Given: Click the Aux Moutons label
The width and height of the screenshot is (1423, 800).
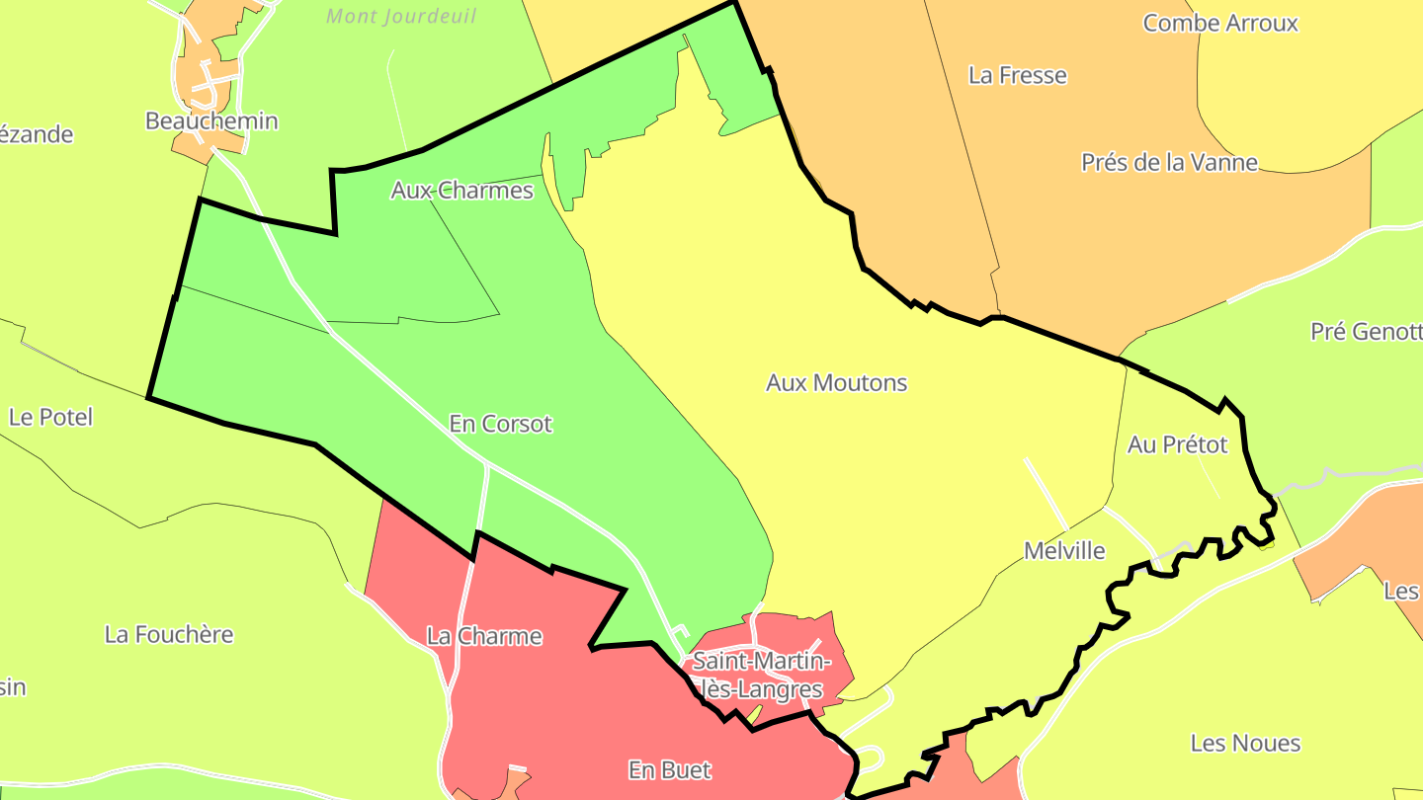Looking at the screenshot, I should coord(836,383).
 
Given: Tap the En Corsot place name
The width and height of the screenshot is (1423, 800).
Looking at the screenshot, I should coord(500,424).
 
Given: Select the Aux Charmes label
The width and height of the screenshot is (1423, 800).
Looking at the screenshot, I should coord(461,190).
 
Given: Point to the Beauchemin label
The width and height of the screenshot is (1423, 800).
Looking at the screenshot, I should coord(211,121).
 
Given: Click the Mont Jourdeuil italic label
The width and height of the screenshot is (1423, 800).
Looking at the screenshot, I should coord(401,17).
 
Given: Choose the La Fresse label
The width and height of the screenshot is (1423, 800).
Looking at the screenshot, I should coord(1017,75).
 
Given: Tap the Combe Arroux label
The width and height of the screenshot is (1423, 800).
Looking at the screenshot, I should coord(1219,23).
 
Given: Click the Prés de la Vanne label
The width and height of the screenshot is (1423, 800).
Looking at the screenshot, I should coord(1169,162).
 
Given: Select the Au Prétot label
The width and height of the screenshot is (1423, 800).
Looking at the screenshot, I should coord(1177,444).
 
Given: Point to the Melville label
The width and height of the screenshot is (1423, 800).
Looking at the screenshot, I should coord(1064,551).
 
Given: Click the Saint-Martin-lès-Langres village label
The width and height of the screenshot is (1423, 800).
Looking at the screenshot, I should coord(759,675).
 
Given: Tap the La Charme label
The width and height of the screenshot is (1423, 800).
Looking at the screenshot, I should coord(484,636).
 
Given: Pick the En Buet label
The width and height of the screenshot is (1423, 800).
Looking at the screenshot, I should coord(669,769).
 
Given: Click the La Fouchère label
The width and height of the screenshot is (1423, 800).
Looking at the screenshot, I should coord(169,634).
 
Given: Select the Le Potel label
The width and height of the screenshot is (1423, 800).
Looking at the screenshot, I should coord(50,417).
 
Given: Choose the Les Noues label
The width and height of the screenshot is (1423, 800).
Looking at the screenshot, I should coord(1245,743).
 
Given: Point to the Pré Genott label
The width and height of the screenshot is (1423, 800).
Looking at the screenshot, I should coord(1366,332).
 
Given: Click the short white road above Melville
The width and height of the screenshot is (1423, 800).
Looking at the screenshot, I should coord(1046,493).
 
